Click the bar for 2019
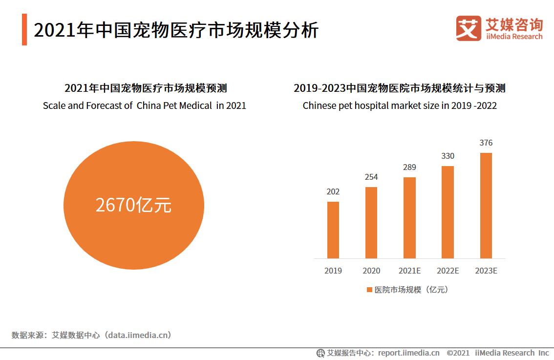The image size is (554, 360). point(333,230)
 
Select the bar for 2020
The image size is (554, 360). point(371,222)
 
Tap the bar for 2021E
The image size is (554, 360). point(409,217)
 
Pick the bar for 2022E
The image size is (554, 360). point(447,212)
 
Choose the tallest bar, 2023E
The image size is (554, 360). point(486,205)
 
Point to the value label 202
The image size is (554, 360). point(333,191)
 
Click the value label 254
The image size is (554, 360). point(371,177)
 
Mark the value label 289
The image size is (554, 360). point(409,167)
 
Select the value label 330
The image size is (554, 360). point(447,156)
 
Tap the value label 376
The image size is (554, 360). point(486,143)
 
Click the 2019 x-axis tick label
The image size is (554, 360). point(333,271)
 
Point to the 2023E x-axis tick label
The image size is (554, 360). point(486,271)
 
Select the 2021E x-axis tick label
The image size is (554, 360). point(409,271)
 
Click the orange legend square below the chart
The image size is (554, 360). point(369,290)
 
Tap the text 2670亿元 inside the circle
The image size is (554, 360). point(133,205)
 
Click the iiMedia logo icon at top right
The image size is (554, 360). point(469,28)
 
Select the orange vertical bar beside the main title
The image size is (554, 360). point(24,30)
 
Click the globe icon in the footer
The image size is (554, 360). point(320,353)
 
